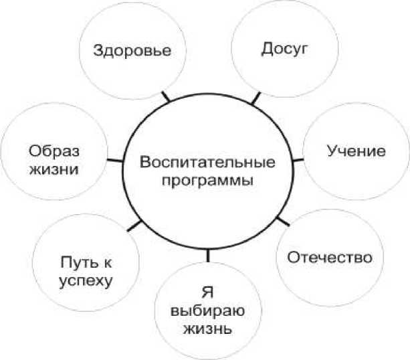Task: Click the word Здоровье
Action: [x=132, y=51]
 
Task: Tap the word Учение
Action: [x=356, y=151]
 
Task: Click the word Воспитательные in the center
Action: [x=209, y=162]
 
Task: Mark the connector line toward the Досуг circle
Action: [x=255, y=100]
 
